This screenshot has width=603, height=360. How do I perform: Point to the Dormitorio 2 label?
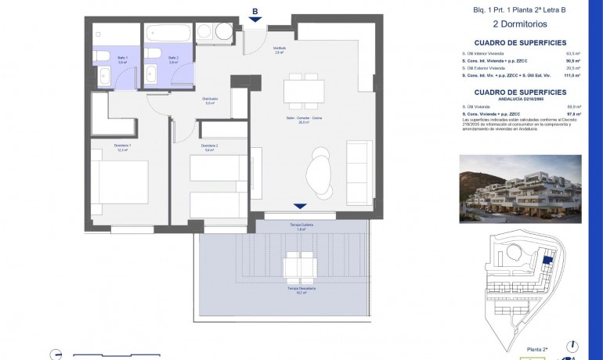click(209, 147)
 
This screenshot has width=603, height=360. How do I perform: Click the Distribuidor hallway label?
click(210, 100)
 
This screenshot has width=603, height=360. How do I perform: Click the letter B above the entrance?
click(255, 11)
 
